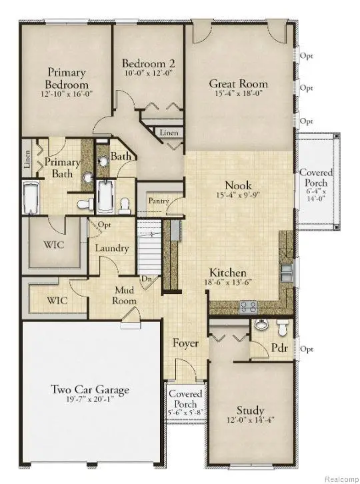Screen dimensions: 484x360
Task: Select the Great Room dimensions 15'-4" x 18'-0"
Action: [238, 95]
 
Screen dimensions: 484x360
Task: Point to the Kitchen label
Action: [229, 273]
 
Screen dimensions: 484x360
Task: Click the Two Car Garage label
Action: [90, 390]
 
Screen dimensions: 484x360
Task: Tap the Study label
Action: [250, 410]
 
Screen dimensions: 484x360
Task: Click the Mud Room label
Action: [125, 295]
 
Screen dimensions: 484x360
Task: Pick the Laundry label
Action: [111, 248]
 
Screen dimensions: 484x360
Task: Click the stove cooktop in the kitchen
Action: [249, 306]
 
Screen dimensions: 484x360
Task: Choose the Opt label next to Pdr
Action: [307, 349]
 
